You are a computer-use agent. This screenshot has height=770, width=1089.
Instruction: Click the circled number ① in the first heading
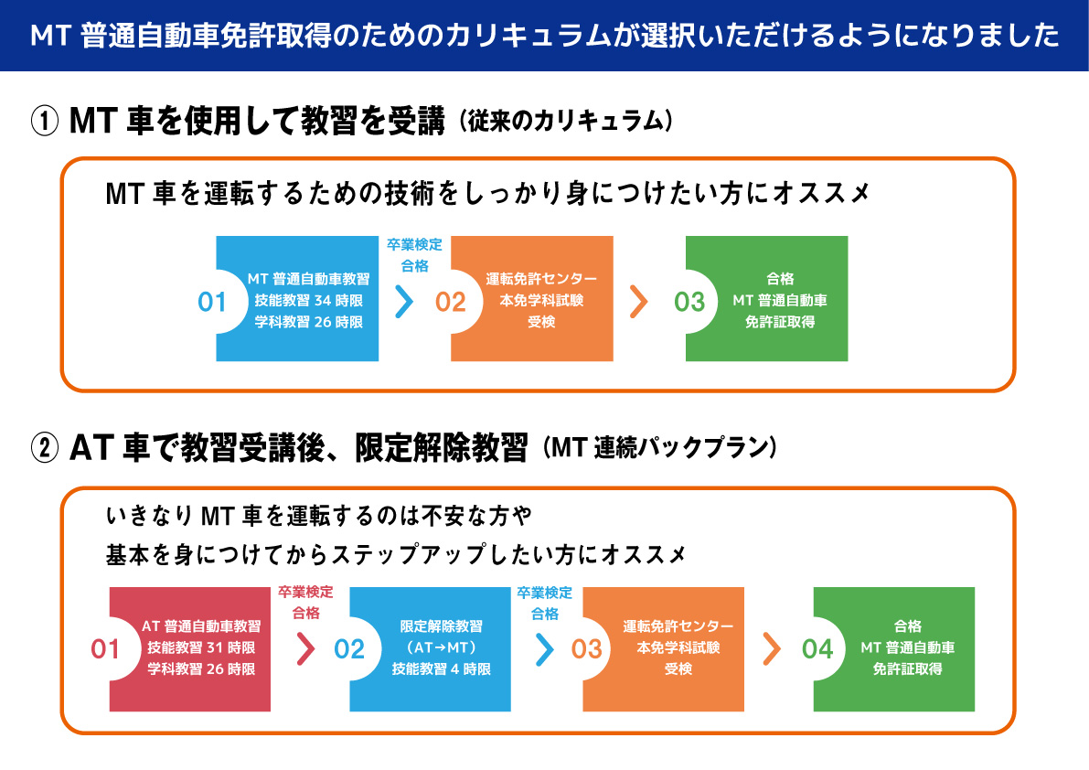pos(45,122)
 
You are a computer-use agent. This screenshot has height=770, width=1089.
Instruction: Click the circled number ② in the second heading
pos(45,448)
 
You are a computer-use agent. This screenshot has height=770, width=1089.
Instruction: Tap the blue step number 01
pos(212,302)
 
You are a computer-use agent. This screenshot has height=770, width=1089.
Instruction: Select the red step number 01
pos(105,649)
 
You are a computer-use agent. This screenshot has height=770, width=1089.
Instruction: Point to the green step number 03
pos(689,302)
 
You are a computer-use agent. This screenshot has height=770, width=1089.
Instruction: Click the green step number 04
pos(817,649)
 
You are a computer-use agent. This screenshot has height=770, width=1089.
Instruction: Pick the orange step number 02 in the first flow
pos(450,302)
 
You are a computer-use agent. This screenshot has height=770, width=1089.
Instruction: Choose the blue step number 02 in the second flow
pos(348,649)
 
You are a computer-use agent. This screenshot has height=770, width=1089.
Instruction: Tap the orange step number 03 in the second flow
pos(586,649)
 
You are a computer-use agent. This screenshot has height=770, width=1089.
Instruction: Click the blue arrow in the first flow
pos(404,302)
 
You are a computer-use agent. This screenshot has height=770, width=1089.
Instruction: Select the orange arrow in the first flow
pos(639,302)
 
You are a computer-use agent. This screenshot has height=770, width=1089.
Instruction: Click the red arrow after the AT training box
pos(305,649)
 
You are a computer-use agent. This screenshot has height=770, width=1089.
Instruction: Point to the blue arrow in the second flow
pos(545,649)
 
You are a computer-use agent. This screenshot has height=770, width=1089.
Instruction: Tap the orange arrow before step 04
pos(772,649)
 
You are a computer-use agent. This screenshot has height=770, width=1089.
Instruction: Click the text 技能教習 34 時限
pos(308,301)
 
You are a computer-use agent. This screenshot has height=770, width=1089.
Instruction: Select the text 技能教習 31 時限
pos(201,647)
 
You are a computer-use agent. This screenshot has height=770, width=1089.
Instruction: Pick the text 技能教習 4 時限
pos(441,669)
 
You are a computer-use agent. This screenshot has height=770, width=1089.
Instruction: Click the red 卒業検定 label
pos(305,592)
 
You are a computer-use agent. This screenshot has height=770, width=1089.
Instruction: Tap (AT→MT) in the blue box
pos(441,647)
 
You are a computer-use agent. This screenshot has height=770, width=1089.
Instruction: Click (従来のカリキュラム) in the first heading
pos(566,122)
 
